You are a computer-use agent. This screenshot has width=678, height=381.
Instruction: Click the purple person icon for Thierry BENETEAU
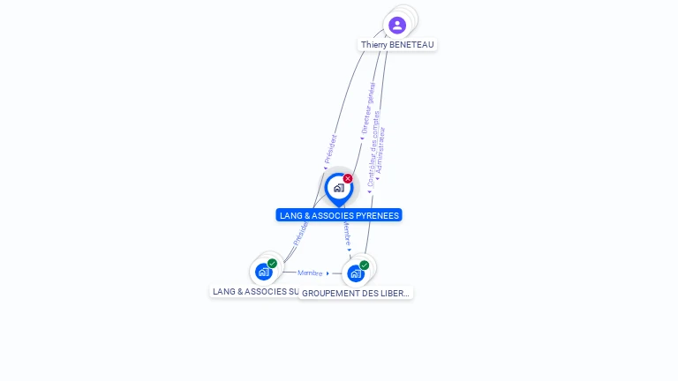397,25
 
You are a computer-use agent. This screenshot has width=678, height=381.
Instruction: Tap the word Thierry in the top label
375,45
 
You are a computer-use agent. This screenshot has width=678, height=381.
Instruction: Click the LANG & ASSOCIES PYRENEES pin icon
338,188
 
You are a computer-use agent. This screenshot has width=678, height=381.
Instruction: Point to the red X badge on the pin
348,179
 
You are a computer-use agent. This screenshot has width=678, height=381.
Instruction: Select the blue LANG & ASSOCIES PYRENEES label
339,215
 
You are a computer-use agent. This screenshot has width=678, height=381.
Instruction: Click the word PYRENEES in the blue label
377,215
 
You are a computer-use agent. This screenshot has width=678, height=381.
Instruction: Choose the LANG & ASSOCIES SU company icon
263,272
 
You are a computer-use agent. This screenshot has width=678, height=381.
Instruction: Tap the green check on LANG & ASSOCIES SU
272,264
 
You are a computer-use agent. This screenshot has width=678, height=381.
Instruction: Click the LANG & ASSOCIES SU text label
255,291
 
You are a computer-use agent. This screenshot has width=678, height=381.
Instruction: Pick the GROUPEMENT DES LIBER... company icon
355,273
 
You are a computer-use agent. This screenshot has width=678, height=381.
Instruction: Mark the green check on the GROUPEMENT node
364,265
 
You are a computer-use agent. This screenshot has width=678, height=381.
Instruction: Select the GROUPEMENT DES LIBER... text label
356,293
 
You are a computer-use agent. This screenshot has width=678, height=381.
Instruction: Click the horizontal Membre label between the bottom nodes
311,273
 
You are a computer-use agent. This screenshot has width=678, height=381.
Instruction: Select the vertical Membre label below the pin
347,234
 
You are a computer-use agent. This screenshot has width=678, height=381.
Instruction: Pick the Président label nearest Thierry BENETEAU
329,149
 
